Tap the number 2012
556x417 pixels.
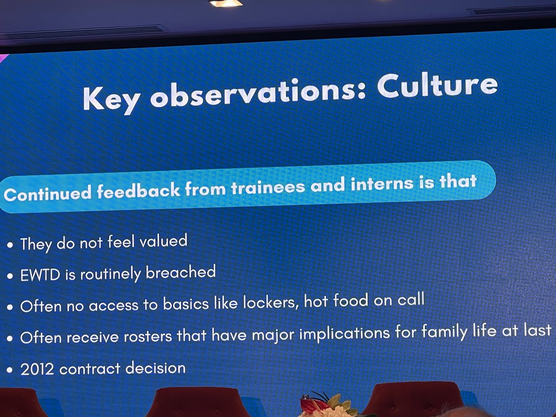coord(38,370)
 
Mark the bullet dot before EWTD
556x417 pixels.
coord(10,277)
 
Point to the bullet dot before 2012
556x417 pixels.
coord(10,371)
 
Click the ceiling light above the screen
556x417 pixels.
coord(226,3)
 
